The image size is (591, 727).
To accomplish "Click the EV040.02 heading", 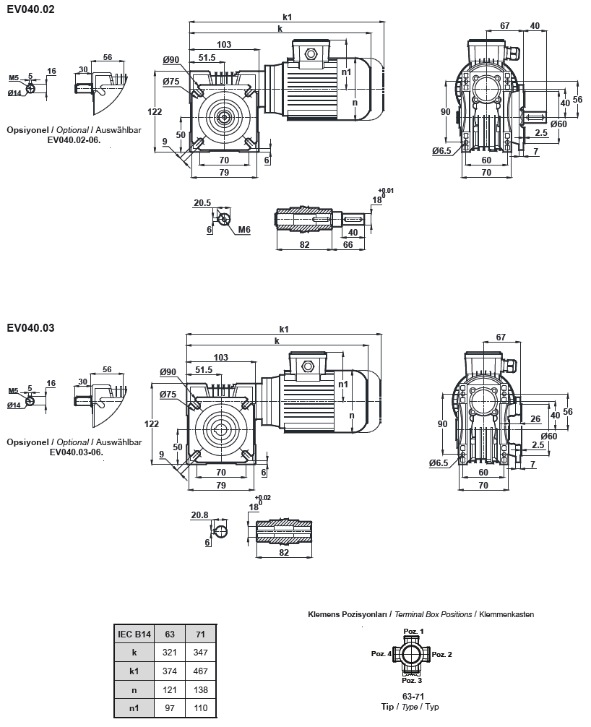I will tap(30, 9).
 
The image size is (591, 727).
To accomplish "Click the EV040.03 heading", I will tap(30, 327).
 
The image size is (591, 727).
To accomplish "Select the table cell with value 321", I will tap(171, 652).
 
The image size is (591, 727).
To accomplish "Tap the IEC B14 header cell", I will tap(134, 634).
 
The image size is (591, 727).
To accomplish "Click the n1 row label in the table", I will tap(134, 707).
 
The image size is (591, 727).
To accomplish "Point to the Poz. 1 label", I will tap(413, 631).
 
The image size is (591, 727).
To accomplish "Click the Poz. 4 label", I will tap(381, 654).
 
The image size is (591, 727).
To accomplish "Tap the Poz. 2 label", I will tap(441, 654).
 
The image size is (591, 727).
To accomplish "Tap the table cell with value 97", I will tap(171, 707).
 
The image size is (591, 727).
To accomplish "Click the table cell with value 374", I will tap(171, 671).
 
